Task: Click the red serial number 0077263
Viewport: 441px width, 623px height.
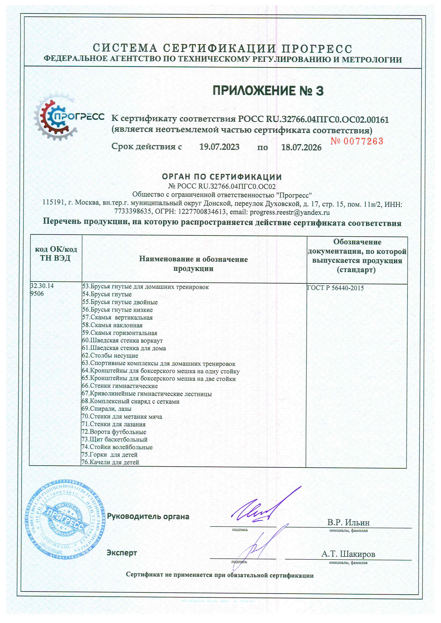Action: pos(357,141)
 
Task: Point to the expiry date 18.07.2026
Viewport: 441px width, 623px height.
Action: pos(301,148)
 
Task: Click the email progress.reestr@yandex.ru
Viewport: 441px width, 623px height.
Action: pos(289,212)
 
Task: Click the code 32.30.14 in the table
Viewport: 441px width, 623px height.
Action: pos(42,286)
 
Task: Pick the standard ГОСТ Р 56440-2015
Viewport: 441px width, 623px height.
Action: pos(335,288)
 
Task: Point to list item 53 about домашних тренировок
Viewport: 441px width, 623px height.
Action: pos(146,287)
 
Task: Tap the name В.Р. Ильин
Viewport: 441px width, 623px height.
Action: pos(348,522)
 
